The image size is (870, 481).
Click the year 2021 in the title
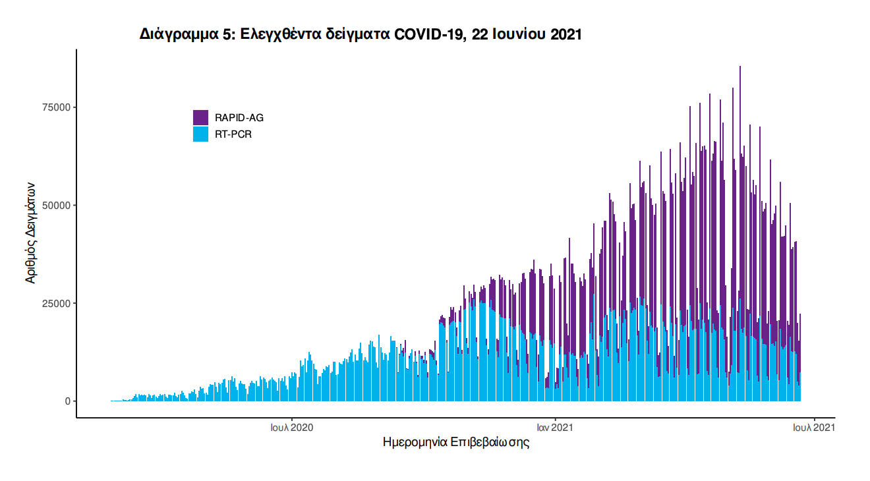pyautogui.click(x=564, y=35)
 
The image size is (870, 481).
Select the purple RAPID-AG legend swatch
pyautogui.click(x=200, y=117)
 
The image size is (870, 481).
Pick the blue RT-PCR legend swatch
pyautogui.click(x=200, y=134)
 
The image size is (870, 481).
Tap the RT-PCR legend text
pyautogui.click(x=233, y=134)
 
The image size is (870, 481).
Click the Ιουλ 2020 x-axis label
pyautogui.click(x=291, y=428)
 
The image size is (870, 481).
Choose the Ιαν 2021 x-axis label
pyautogui.click(x=556, y=428)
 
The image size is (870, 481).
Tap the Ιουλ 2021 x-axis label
pyautogui.click(x=814, y=428)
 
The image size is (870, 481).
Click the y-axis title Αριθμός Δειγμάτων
pyautogui.click(x=30, y=233)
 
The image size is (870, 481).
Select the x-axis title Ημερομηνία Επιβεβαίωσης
pyautogui.click(x=456, y=442)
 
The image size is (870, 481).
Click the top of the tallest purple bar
pyautogui.click(x=740, y=67)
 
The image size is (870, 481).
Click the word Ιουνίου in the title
pyautogui.click(x=512, y=35)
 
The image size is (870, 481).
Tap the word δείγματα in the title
pyautogui.click(x=353, y=35)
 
